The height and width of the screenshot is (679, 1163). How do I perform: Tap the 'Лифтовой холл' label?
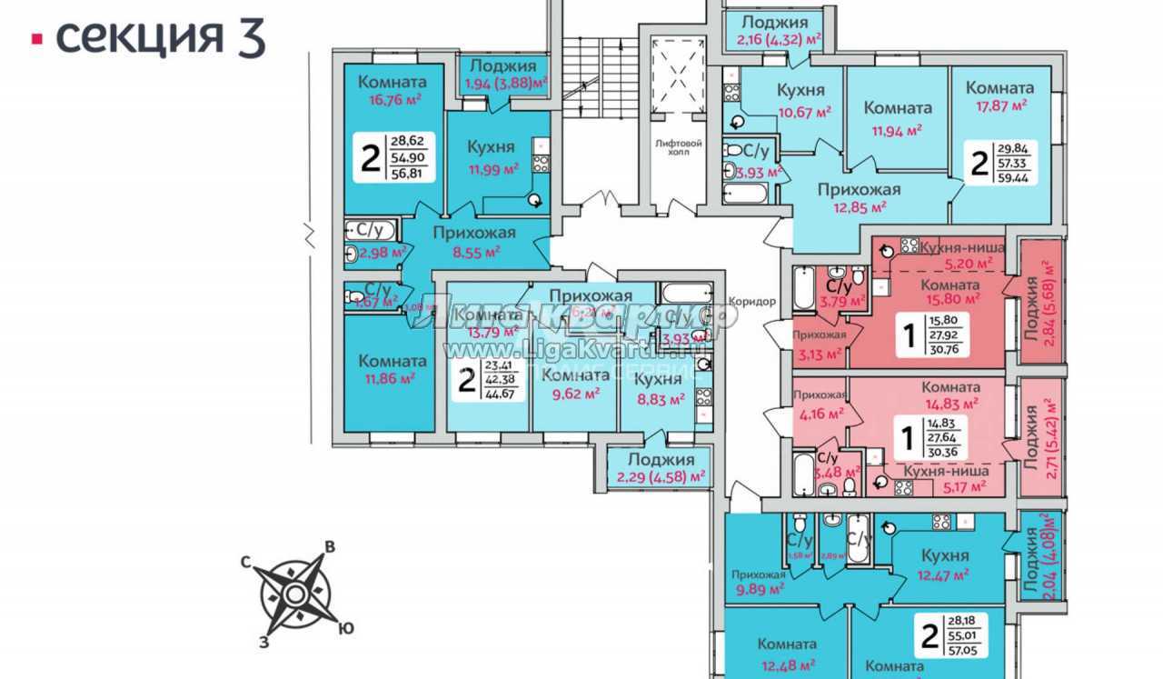coord(673,147)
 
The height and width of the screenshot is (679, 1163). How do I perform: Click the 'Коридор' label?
coord(750,302)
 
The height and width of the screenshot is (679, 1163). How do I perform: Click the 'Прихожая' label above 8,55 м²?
coord(474,233)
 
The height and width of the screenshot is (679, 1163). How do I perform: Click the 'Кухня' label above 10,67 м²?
coord(800,90)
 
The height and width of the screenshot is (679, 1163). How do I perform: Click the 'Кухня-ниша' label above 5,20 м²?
coord(962,247)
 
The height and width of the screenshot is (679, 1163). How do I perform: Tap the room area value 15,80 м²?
coord(952,297)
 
